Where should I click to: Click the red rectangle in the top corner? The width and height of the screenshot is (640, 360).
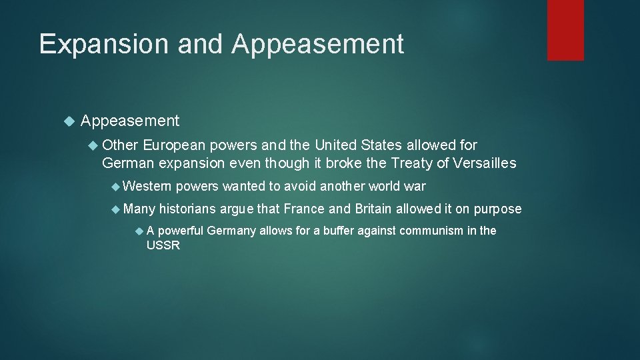point(565,30)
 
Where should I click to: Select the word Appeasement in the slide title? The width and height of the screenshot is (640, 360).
point(318,44)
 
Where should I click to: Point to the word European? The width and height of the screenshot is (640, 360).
point(174,145)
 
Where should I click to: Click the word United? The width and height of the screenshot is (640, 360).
point(341,145)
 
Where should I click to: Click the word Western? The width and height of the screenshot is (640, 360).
point(147,186)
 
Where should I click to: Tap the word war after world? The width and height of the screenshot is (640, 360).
point(414,186)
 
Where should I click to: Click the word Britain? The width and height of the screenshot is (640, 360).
point(373,209)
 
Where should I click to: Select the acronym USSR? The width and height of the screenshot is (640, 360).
point(163,245)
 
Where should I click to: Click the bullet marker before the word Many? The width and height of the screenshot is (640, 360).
point(117,209)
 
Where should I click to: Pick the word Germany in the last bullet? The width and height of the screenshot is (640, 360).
point(233,231)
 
